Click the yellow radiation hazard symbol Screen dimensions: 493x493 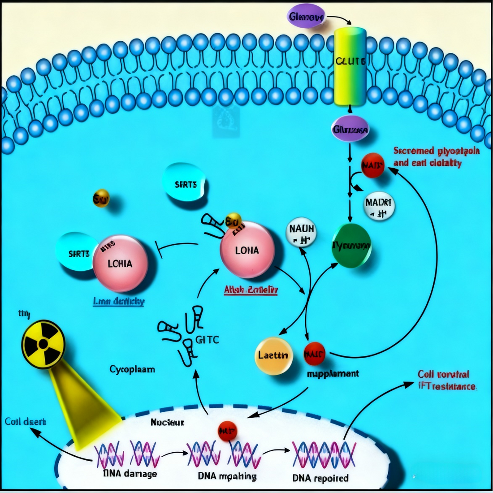pos(43,344)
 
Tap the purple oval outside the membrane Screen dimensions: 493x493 pos(307,17)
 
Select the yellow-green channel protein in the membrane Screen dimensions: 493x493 pos(350,66)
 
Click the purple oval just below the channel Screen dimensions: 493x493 pos(350,130)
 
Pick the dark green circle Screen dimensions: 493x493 pos(351,245)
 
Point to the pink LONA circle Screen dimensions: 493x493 pos(247,250)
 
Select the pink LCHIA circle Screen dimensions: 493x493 pos(120,263)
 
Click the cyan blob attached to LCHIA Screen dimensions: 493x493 pos(74,252)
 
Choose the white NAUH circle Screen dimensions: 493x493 pos(302,234)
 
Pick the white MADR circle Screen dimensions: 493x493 pos(379,206)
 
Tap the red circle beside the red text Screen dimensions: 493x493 pos(372,165)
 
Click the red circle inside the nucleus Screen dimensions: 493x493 pos(227,431)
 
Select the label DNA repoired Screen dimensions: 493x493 pos(320,478)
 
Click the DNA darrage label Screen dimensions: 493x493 pos(130,474)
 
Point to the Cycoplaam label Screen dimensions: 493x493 pos(132,369)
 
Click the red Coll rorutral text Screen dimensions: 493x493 pos(443,374)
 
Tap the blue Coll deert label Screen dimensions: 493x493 pos(25,421)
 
